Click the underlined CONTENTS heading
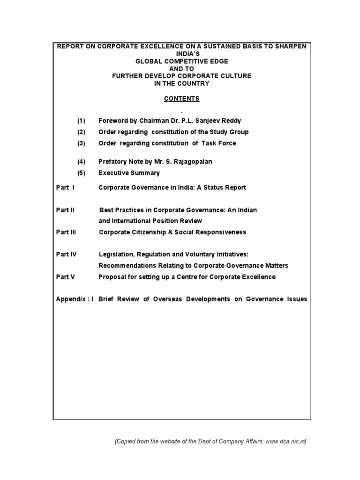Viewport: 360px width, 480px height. [x=181, y=98]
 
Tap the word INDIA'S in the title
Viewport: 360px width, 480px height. [x=181, y=53]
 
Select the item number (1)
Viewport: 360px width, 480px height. [x=82, y=121]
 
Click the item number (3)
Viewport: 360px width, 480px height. [x=82, y=143]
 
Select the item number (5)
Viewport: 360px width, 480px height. [x=82, y=173]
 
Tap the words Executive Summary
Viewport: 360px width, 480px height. [x=129, y=173]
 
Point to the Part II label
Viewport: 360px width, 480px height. [x=65, y=210]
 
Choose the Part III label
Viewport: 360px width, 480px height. [x=66, y=232]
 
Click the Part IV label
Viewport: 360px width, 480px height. [x=66, y=255]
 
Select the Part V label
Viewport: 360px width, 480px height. [x=65, y=277]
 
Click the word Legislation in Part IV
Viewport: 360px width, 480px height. [x=115, y=255]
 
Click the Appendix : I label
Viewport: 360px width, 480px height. [x=75, y=299]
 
